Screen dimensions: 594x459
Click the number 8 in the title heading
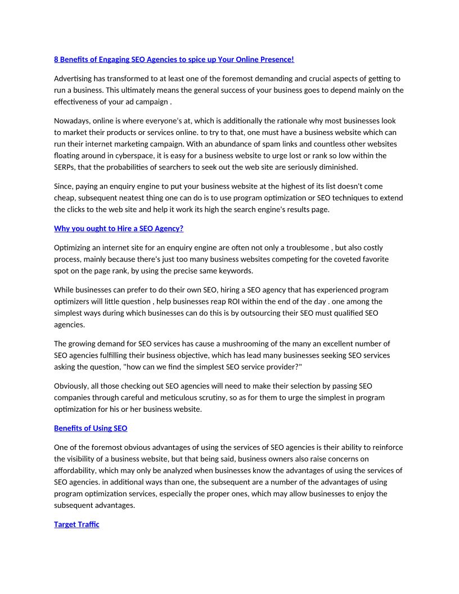tap(56, 59)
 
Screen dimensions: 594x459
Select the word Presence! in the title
tap(276, 59)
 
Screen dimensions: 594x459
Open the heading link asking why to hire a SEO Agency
tap(119, 228)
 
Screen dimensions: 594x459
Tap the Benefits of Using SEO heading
tap(91, 428)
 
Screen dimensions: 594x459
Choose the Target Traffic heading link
tap(76, 524)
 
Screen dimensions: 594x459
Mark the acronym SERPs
tap(65, 167)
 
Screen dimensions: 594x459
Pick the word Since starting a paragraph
tap(64, 186)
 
